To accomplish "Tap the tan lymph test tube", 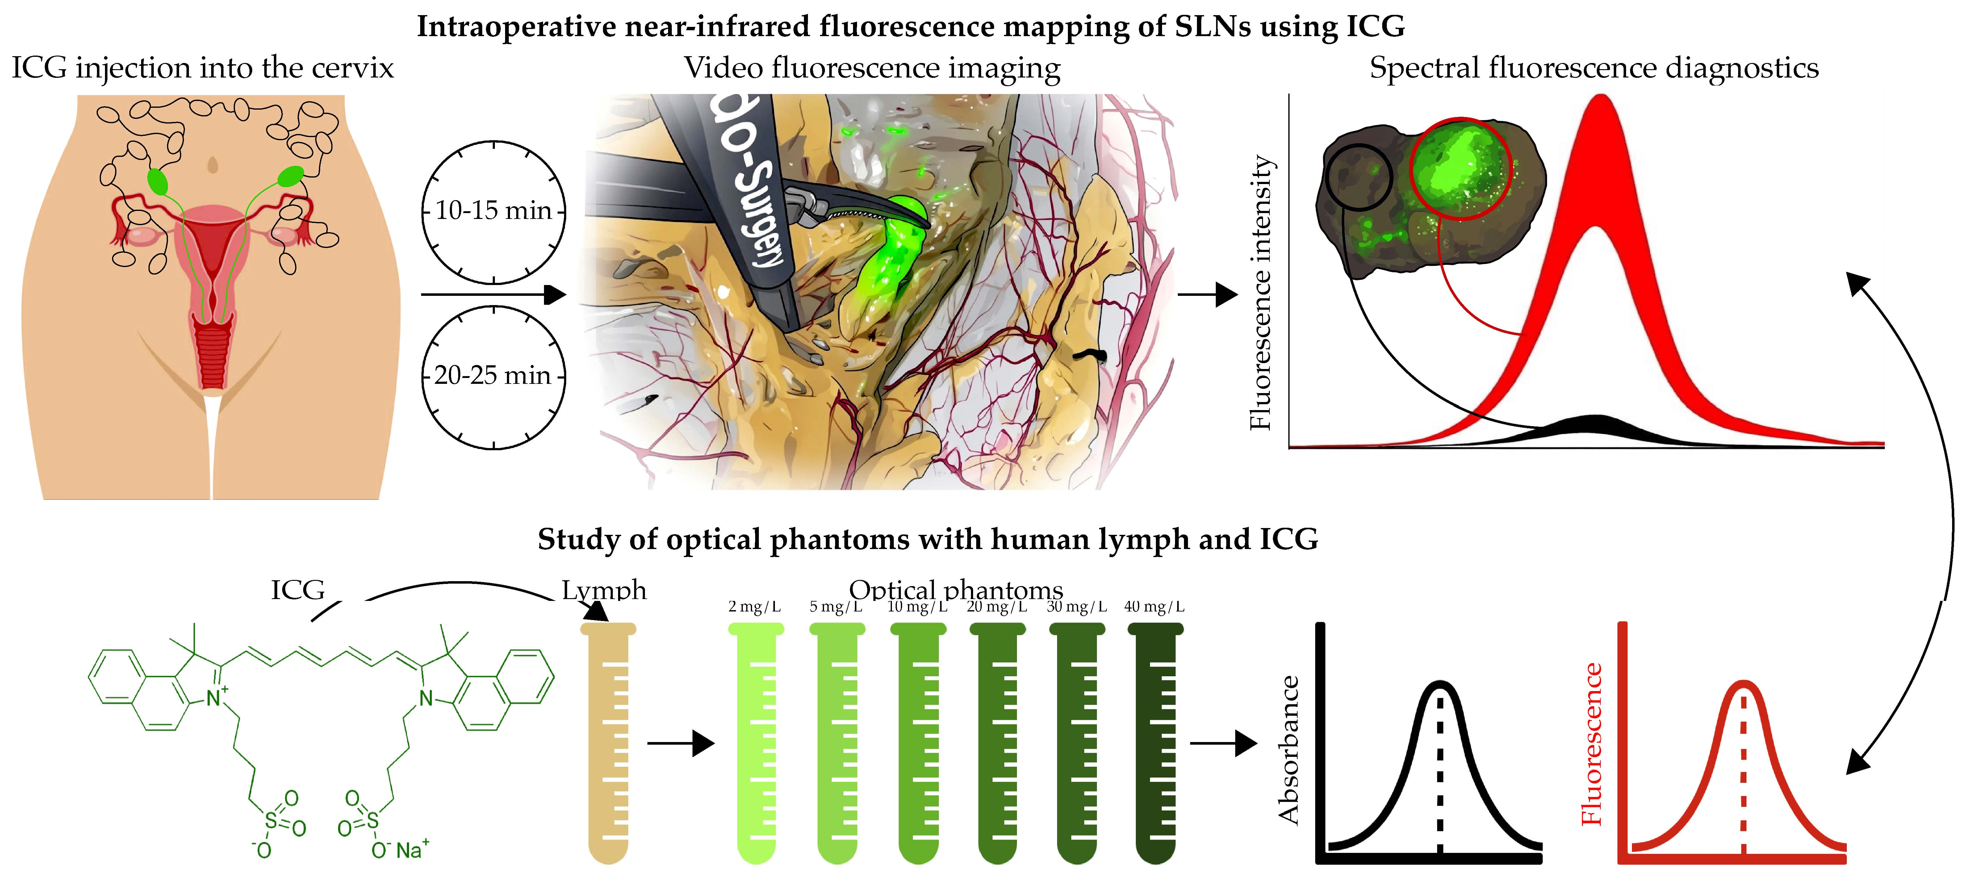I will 608,742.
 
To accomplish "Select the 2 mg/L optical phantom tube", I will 755,742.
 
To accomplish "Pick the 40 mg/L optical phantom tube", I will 1155,742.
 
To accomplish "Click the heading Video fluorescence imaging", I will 872,68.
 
